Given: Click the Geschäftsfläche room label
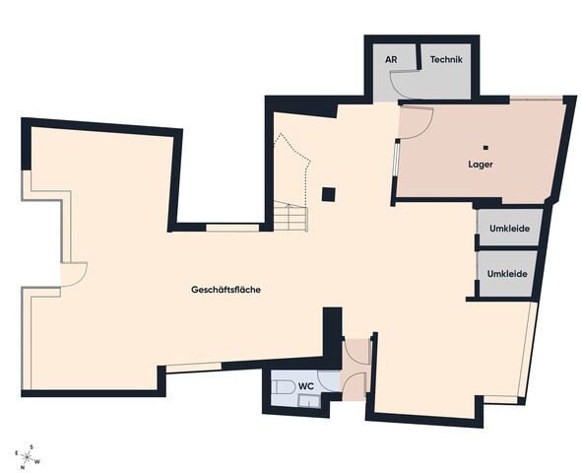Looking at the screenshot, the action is pyautogui.click(x=226, y=290).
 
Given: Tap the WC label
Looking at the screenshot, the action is pyautogui.click(x=306, y=386).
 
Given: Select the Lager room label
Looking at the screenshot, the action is pyautogui.click(x=481, y=165).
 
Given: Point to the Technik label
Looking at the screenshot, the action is pyautogui.click(x=446, y=59).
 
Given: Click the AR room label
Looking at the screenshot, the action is pyautogui.click(x=391, y=59).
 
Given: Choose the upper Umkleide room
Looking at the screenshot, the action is pyautogui.click(x=509, y=228).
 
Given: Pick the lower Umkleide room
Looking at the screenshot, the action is pyautogui.click(x=507, y=274).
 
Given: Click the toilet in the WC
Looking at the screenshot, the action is pyautogui.click(x=283, y=387).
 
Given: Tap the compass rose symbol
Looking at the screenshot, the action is pyautogui.click(x=27, y=457).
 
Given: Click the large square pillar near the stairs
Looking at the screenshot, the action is pyautogui.click(x=329, y=194).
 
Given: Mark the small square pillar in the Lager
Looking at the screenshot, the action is pyautogui.click(x=485, y=148).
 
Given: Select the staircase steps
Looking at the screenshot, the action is pyautogui.click(x=290, y=216).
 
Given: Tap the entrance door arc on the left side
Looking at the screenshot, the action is pyautogui.click(x=80, y=279).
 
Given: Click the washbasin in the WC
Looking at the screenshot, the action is pyautogui.click(x=309, y=401).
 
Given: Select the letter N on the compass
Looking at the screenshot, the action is pyautogui.click(x=23, y=467).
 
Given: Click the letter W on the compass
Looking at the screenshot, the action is pyautogui.click(x=37, y=461).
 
